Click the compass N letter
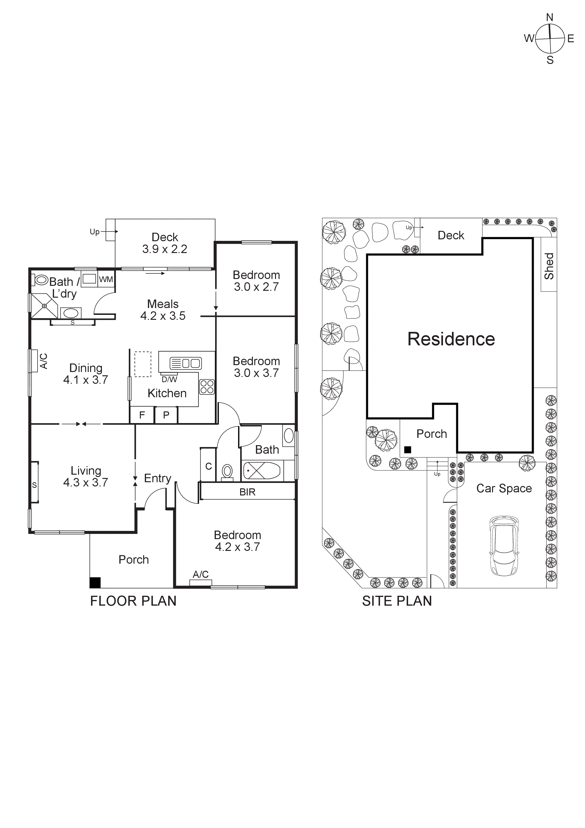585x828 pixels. tap(549, 17)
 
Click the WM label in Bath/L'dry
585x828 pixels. tap(106, 279)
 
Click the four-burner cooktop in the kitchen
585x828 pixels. tap(207, 387)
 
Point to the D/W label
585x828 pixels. tap(169, 379)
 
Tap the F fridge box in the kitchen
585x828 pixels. tap(142, 415)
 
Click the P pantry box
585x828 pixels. tap(166, 415)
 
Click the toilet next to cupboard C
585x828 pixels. tap(227, 472)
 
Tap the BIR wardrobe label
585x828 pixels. tap(247, 492)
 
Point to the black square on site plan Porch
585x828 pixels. tap(408, 450)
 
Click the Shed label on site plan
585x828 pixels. tap(549, 266)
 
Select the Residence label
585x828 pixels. tap(451, 339)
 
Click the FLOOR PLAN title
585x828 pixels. tap(133, 601)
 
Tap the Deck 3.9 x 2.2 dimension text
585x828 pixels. tap(165, 249)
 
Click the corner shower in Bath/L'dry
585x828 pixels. tap(44, 306)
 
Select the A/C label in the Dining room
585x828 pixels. tap(43, 361)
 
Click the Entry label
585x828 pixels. tap(158, 478)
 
